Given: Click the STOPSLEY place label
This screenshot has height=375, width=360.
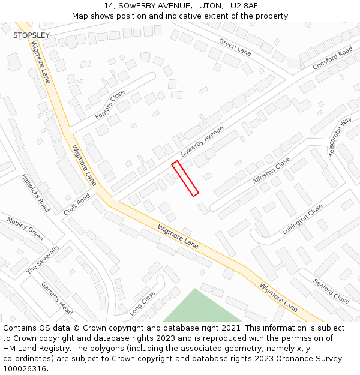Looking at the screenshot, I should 31,35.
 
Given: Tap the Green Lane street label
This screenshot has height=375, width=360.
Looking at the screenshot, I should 235,47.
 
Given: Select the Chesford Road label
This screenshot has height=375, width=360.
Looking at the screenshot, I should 332,59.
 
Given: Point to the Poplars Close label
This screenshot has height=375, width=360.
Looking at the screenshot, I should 110,104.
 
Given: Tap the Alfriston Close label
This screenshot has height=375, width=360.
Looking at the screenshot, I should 271,170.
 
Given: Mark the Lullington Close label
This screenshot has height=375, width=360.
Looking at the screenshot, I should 303,218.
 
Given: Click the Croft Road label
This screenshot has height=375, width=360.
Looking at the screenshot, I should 77,204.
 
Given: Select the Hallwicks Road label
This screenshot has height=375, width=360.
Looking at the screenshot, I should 35,193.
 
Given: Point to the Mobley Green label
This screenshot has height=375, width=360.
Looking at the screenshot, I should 25,229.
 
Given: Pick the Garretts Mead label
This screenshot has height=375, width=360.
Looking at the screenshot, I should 56,298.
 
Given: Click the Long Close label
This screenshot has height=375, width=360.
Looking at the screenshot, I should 142,303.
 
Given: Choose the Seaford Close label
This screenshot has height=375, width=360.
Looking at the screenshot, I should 331,290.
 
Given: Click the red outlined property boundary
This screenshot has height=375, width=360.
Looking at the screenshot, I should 185,178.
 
